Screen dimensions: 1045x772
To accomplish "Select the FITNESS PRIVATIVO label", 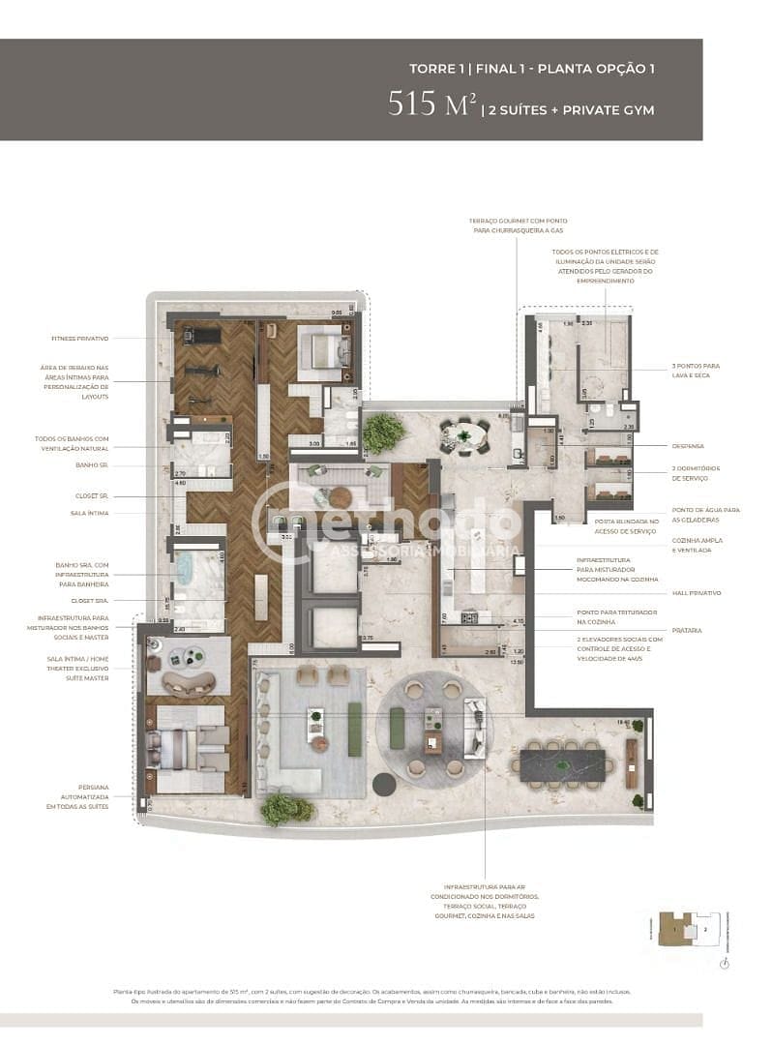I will pyautogui.click(x=80, y=339).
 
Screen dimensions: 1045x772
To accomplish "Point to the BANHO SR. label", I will pyautogui.click(x=93, y=465).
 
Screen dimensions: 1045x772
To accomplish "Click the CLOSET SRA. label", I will pyautogui.click(x=89, y=600).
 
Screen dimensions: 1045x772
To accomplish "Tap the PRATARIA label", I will pyautogui.click(x=688, y=630).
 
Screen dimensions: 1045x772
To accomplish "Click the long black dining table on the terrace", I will pyautogui.click(x=563, y=764).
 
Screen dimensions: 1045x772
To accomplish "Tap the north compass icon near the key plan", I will pyautogui.click(x=726, y=964).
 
